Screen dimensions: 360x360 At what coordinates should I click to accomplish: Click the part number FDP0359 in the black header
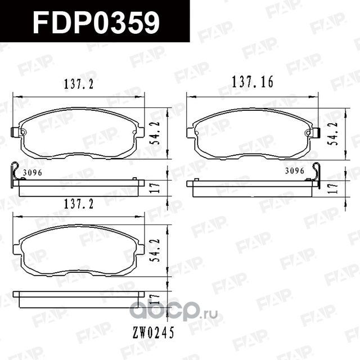click(96, 22)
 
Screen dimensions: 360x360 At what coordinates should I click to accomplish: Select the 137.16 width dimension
click(252, 82)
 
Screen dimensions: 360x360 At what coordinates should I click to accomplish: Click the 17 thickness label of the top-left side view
click(159, 188)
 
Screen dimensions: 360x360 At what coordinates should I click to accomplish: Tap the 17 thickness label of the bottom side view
click(159, 299)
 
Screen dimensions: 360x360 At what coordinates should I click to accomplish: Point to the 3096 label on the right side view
click(294, 170)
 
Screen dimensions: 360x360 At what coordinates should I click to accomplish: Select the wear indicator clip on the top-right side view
click(316, 172)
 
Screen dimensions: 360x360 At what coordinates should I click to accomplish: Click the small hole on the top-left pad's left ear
click(22, 133)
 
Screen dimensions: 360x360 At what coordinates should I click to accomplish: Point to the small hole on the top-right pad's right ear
click(309, 133)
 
